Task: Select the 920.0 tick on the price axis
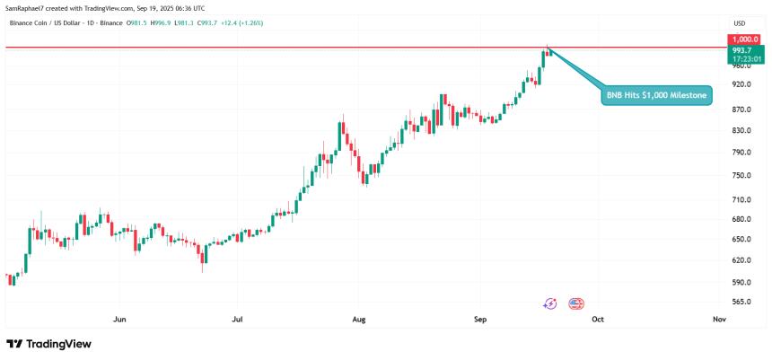[741, 84]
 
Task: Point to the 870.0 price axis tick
[741, 110]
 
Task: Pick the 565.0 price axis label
[741, 302]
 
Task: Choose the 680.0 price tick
[741, 219]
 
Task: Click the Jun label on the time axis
[119, 318]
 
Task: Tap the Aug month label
[359, 318]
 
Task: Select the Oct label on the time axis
[598, 318]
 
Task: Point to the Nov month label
[718, 318]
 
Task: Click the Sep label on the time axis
[478, 318]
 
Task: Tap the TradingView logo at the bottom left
[48, 344]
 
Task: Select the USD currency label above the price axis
[740, 23]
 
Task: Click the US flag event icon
[576, 304]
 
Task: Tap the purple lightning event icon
[550, 304]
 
